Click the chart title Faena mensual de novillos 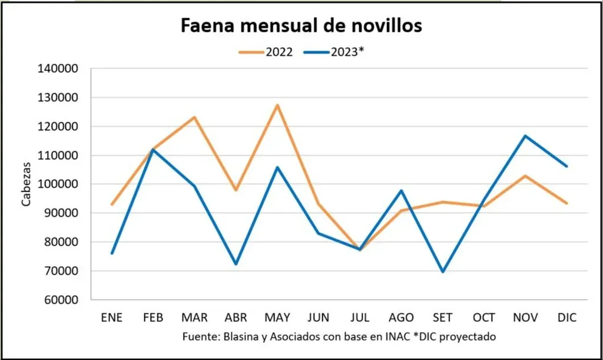click(x=301, y=25)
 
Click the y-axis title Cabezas click(x=26, y=184)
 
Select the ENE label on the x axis click(x=112, y=318)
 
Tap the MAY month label click(x=277, y=318)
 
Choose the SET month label click(x=443, y=318)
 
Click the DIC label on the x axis click(x=567, y=318)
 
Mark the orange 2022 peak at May click(x=277, y=105)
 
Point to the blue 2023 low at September click(x=443, y=272)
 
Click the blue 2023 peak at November click(x=525, y=136)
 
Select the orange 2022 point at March click(x=194, y=117)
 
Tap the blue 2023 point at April click(x=236, y=264)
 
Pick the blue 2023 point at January click(x=112, y=253)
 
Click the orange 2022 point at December click(x=567, y=203)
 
